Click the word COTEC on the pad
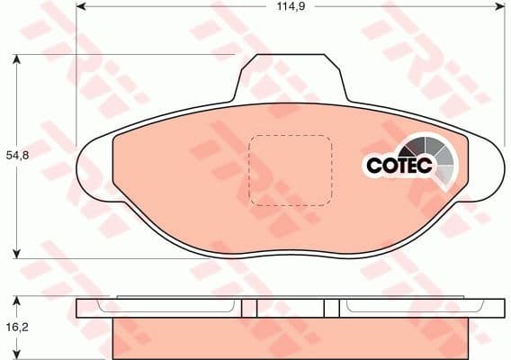(x=397, y=166)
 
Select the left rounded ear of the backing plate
(x=95, y=171)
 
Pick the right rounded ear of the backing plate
(x=487, y=171)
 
